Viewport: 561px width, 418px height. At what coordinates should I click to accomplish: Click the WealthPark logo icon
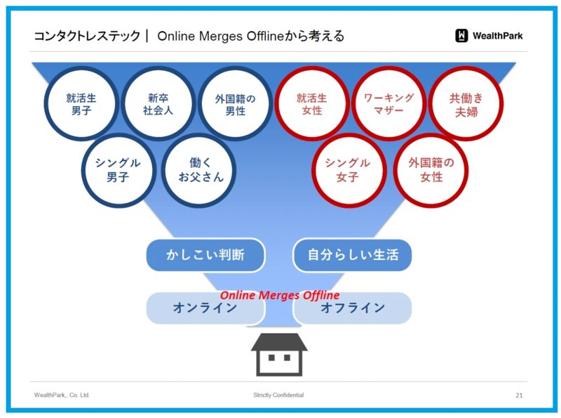click(461, 36)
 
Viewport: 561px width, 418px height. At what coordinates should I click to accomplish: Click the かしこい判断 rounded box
click(205, 255)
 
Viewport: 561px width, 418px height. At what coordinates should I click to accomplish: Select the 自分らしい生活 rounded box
click(353, 255)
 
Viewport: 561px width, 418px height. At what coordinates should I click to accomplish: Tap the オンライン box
click(205, 308)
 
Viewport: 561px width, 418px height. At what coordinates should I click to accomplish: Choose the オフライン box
click(353, 308)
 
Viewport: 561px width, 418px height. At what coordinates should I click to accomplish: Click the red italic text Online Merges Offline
click(280, 295)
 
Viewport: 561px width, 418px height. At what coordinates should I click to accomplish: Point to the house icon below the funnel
click(279, 355)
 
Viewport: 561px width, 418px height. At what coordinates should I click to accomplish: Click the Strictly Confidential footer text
click(278, 395)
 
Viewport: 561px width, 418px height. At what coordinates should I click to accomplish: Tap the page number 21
click(519, 396)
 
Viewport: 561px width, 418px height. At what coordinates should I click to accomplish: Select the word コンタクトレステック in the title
click(87, 36)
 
